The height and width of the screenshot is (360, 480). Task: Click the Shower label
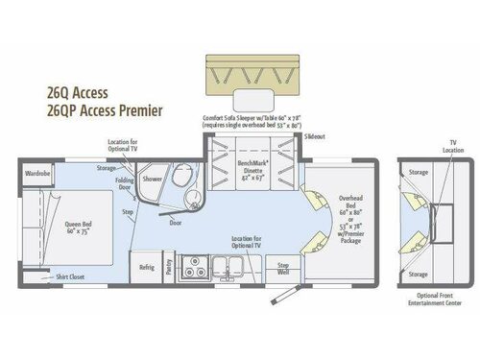153,179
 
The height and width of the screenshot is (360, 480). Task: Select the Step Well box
283,266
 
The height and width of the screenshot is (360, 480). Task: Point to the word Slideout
314,138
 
